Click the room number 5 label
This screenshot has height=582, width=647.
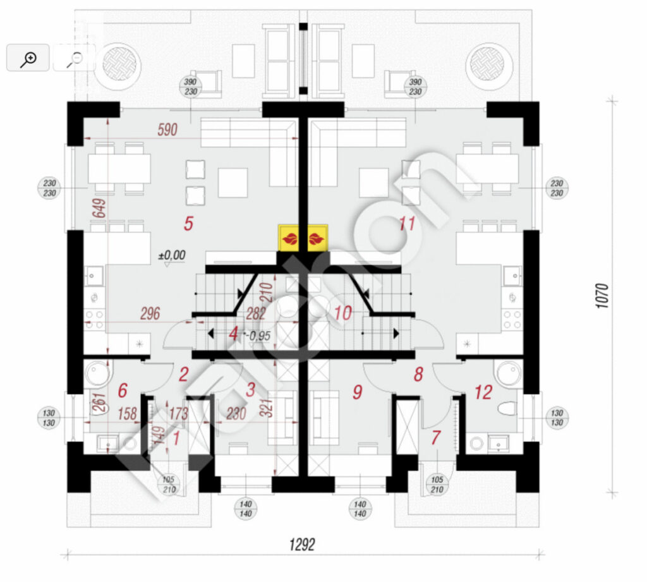point(188,223)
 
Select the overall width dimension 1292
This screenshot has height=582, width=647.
point(302,544)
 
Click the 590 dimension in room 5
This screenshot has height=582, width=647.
point(167,130)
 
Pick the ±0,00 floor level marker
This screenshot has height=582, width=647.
point(171,255)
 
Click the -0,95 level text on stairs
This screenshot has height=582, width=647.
point(259,336)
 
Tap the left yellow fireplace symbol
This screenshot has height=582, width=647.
point(291,239)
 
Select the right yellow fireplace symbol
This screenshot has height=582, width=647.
point(315,239)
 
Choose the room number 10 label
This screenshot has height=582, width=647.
point(343,312)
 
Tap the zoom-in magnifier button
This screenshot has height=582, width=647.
point(28,58)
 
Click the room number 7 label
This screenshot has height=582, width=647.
point(436,437)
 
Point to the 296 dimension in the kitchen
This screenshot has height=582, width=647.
point(150,313)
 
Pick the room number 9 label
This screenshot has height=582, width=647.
point(357,392)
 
